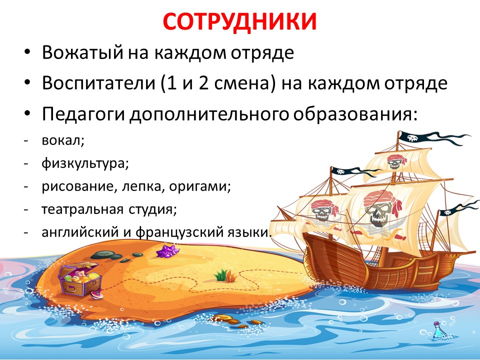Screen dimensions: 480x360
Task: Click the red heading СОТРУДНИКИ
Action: [x=239, y=21]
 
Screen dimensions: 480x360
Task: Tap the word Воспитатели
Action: [x=98, y=83]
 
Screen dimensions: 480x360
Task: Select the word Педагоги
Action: [x=83, y=114]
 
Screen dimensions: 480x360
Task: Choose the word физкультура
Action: [x=85, y=164]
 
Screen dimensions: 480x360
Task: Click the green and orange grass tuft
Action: [x=226, y=275]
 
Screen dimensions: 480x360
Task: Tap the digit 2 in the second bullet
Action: [x=203, y=83]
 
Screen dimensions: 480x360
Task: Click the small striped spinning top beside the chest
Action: [x=96, y=294]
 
